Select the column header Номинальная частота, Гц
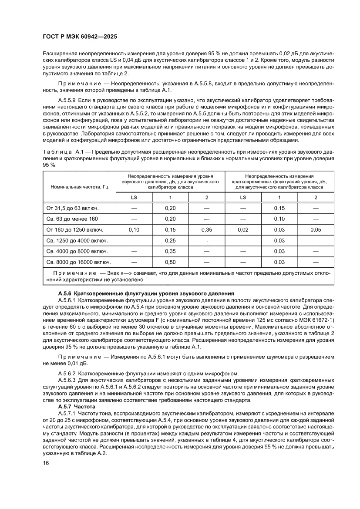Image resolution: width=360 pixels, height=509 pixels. point(79,187)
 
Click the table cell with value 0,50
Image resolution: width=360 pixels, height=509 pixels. point(170,262)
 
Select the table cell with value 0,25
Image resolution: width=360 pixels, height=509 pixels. point(170,240)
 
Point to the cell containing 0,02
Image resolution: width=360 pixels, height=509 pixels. point(243,229)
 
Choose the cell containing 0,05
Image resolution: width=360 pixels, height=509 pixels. point(316,229)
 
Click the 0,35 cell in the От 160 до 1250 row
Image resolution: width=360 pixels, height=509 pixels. point(206,229)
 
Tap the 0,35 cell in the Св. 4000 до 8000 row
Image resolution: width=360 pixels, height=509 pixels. point(170,251)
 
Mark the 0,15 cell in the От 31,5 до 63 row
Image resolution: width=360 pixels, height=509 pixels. point(279,208)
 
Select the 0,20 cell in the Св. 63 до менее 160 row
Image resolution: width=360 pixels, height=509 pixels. point(170,219)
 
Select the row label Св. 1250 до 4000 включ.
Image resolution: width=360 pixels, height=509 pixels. point(77,240)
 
